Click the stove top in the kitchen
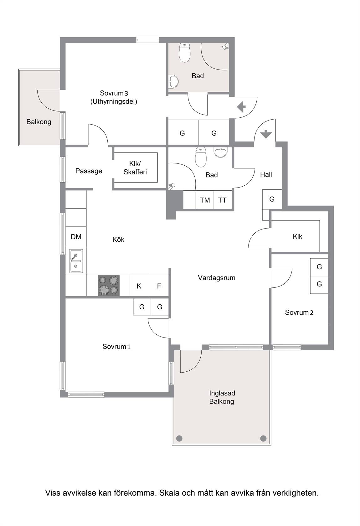coord(109,285)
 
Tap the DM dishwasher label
coord(76,237)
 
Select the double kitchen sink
coord(76,261)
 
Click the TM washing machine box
coord(205,200)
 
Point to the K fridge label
coord(139,286)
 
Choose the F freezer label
coord(159,286)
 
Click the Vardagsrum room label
coord(217,278)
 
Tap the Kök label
coord(118,240)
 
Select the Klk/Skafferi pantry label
coord(135,168)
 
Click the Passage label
coord(89,171)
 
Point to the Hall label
coord(266,174)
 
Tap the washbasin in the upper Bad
coord(173,82)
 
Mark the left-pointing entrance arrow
coord(241,107)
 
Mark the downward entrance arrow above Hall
coord(266,134)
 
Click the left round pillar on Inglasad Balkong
coord(179,438)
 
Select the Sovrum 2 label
coord(299,312)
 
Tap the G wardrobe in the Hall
coord(272,199)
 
